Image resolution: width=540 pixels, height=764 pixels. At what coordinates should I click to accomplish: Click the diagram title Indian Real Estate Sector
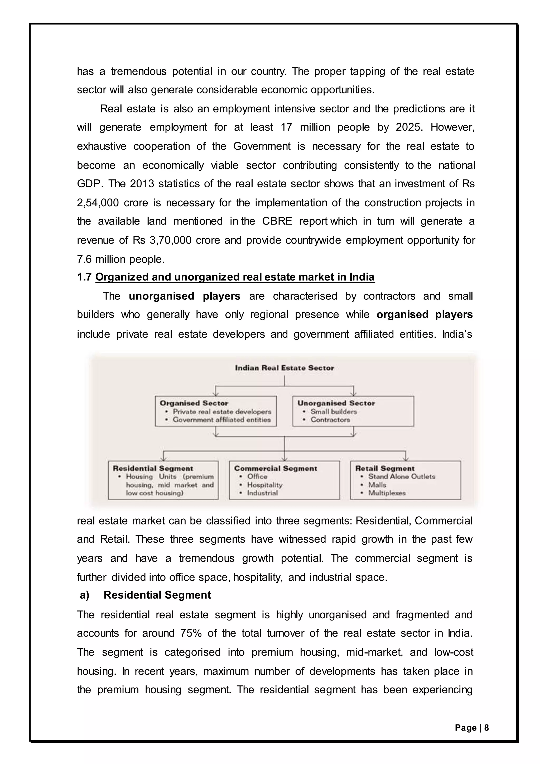tap(284, 368)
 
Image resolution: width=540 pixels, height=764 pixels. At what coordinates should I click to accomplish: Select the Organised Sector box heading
tap(194, 403)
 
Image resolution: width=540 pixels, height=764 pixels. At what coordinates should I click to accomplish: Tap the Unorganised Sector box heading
tap(336, 403)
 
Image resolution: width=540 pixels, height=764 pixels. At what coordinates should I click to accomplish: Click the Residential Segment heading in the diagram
tap(153, 468)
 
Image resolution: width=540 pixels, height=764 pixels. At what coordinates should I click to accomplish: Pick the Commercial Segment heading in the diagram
tap(275, 468)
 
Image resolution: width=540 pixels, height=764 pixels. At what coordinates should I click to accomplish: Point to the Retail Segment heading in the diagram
tap(385, 468)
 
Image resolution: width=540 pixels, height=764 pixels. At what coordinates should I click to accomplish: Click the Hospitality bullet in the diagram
tap(264, 485)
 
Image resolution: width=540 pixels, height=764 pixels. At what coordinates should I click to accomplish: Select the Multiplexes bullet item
tap(387, 493)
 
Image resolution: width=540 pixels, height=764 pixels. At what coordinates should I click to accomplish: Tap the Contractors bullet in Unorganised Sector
tap(330, 420)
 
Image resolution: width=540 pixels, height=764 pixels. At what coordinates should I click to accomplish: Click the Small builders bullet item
tap(333, 412)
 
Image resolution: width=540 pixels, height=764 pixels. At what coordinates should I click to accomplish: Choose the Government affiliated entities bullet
tap(221, 420)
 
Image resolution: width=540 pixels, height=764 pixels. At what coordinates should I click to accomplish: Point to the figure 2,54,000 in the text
tap(97, 203)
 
